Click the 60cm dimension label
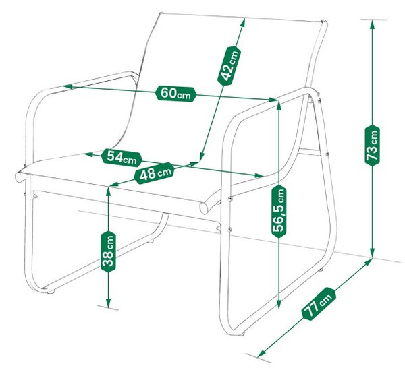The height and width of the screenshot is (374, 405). (x=176, y=94)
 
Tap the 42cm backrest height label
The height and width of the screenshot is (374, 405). (x=230, y=65)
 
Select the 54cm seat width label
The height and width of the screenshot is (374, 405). (x=122, y=158)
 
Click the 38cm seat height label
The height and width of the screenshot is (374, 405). (x=109, y=251)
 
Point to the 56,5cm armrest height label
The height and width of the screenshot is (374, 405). (x=279, y=210)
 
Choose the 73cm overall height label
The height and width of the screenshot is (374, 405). (x=372, y=145)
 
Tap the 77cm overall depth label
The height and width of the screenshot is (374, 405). (x=319, y=304)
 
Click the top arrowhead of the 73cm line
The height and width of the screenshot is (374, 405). (x=372, y=24)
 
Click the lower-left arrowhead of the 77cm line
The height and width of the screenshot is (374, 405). (x=261, y=354)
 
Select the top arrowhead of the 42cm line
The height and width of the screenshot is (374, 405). (x=243, y=23)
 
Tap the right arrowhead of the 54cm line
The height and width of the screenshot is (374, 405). (x=259, y=176)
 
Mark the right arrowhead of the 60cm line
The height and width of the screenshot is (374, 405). (x=274, y=100)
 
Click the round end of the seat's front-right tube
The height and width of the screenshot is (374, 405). (x=204, y=208)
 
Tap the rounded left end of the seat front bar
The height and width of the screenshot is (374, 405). (x=19, y=177)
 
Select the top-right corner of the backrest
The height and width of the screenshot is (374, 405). (x=324, y=22)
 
